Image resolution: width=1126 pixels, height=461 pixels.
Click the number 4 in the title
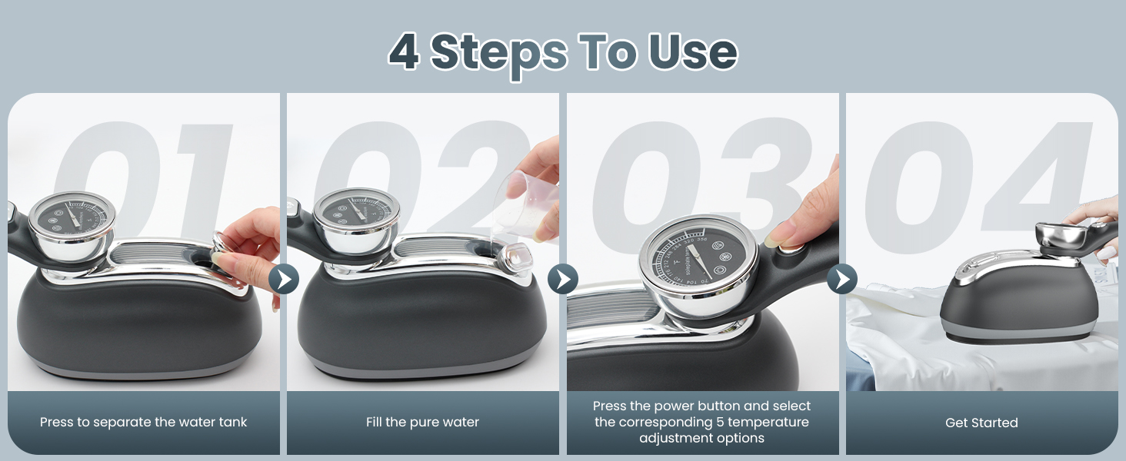[x=405, y=52]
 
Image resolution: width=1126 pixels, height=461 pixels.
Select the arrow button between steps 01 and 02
[x=283, y=279]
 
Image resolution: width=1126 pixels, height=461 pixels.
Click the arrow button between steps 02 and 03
[x=562, y=279]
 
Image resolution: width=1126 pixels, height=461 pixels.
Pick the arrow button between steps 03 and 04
[x=842, y=279]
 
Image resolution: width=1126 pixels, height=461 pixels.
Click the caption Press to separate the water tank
[x=144, y=422]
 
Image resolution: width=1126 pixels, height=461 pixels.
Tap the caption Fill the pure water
[x=422, y=422]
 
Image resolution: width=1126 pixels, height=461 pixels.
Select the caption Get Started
[x=981, y=423]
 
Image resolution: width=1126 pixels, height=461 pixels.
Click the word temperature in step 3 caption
[x=774, y=422]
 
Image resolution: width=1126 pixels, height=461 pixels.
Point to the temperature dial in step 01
[x=72, y=219]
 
